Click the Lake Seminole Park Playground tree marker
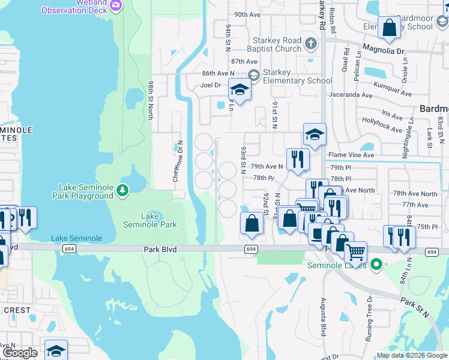pyautogui.click(x=122, y=190)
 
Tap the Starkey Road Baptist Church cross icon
pyautogui.click(x=310, y=44)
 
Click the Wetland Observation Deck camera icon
pyautogui.click(x=116, y=6)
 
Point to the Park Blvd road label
pyautogui.click(x=161, y=249)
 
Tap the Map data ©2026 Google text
pyautogui.click(x=412, y=355)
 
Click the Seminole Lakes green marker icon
pyautogui.click(x=376, y=263)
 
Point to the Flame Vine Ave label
pyautogui.click(x=351, y=155)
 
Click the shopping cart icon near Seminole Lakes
pyautogui.click(x=356, y=252)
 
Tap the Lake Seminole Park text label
pyautogui.click(x=150, y=220)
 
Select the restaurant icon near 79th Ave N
pyautogui.click(x=297, y=158)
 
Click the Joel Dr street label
pyautogui.click(x=211, y=85)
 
